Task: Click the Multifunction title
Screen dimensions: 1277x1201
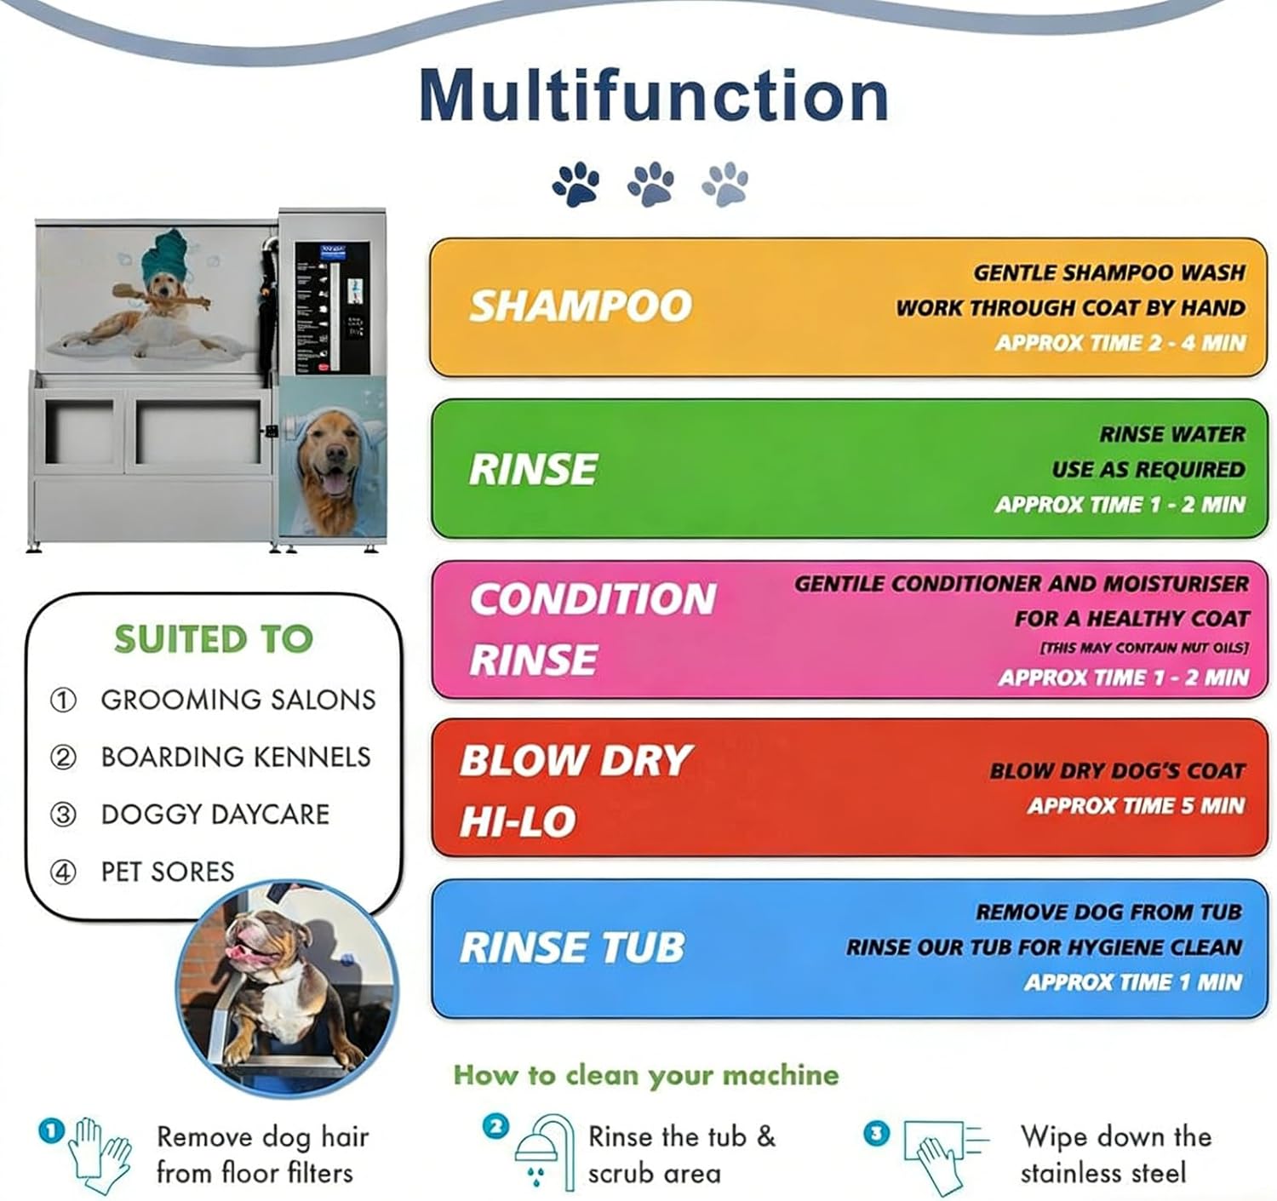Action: tap(654, 95)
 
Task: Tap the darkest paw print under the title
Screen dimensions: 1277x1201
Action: tap(576, 183)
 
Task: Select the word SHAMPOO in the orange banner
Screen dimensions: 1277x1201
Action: tap(581, 306)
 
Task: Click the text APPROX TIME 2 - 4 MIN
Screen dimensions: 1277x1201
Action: tap(1120, 343)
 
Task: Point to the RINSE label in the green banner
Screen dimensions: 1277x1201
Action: tap(534, 470)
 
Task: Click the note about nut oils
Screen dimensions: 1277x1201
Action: tap(1143, 648)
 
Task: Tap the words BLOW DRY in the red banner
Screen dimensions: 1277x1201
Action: tap(576, 760)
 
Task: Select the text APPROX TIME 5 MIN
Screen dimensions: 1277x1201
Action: tap(1136, 805)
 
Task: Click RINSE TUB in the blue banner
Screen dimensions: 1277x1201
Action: tap(572, 947)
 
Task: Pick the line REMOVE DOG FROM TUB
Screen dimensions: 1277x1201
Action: tap(1108, 912)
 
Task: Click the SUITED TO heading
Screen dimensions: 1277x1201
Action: tap(214, 639)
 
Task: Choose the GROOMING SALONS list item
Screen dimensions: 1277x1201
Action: tap(238, 700)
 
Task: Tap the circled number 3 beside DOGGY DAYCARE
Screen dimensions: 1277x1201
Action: tap(63, 815)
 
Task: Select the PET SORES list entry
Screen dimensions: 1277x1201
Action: tap(167, 872)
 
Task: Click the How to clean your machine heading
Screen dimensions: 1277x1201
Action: tap(645, 1075)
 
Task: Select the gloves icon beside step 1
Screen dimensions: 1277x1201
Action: tap(100, 1155)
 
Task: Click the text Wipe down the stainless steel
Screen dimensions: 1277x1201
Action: tap(1115, 1154)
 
